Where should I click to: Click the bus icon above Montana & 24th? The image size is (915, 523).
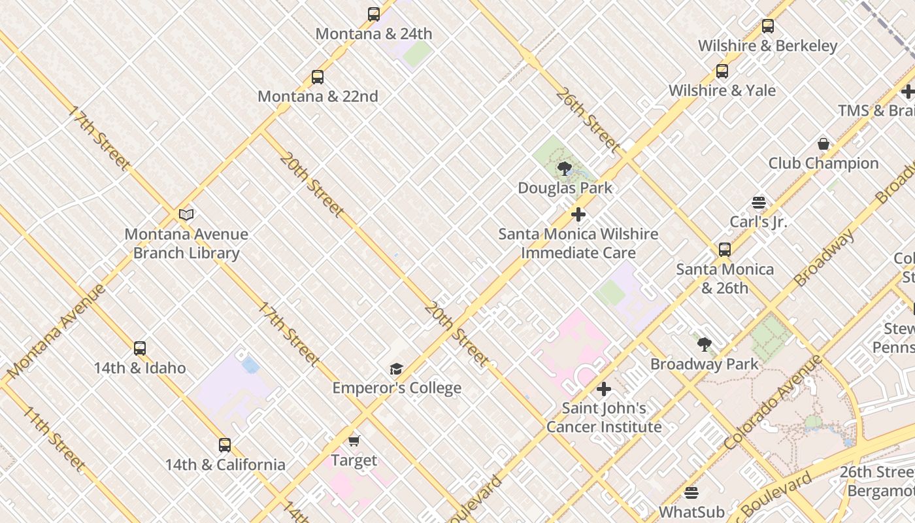point(374,14)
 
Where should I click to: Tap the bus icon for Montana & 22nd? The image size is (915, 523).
point(318,77)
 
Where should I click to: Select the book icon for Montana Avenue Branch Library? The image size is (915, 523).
point(186,214)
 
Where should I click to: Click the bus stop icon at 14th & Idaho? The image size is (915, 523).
point(140,348)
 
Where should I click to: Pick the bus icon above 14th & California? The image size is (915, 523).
point(225,445)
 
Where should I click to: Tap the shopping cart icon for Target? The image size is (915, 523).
point(354,441)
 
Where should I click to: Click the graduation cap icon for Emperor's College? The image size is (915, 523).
point(396,369)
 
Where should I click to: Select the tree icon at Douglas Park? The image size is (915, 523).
point(565,169)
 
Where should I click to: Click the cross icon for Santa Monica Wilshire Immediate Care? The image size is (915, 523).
point(578,214)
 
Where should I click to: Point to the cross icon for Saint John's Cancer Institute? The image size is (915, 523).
point(604,390)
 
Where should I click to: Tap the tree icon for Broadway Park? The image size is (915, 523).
point(705,345)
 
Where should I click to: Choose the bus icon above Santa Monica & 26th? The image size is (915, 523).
point(725,250)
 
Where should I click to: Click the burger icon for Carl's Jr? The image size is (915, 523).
point(759,202)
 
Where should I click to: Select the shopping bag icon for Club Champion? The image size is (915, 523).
point(823,144)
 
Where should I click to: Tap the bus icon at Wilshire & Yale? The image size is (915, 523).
point(722,71)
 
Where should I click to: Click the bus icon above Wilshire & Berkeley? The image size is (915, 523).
point(768,26)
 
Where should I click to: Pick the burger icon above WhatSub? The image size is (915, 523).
point(691,492)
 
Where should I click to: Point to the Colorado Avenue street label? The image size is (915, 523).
point(773,402)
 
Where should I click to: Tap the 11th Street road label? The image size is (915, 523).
point(54,438)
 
